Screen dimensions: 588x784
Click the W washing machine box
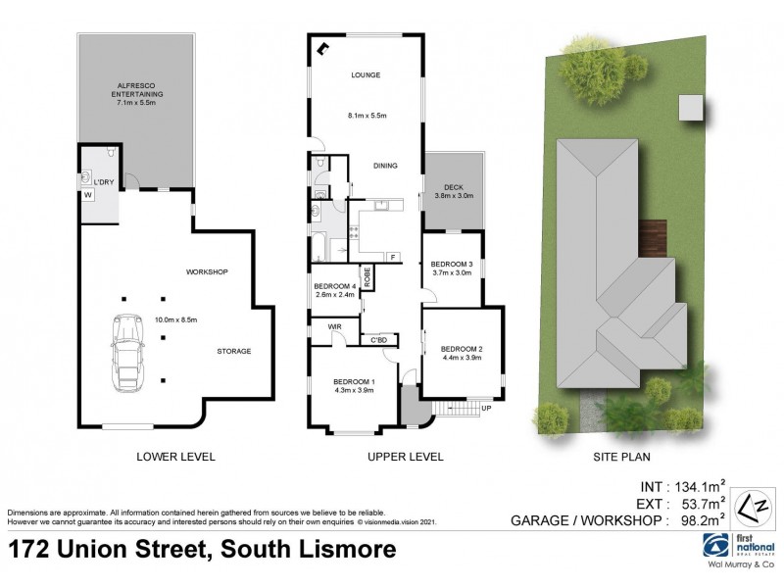coord(87,194)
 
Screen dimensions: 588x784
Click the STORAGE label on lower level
coord(234,351)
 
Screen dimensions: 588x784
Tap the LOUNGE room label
coord(366,75)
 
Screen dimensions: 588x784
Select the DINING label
coord(385,166)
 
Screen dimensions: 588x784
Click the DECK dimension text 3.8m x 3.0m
coord(453,196)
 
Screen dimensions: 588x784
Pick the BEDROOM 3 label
coord(452,264)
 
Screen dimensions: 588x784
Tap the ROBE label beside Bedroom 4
coord(367,277)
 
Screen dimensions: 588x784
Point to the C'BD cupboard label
coord(377,340)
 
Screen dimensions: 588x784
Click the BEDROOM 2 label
coord(461,349)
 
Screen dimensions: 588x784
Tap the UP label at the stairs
coord(485,408)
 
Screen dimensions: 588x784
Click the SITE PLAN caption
coord(623,457)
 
